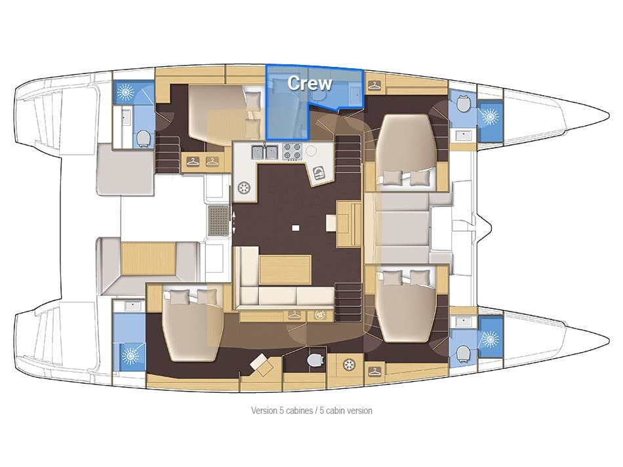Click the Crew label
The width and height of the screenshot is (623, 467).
coord(310,83)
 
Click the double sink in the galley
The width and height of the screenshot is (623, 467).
coord(262,152)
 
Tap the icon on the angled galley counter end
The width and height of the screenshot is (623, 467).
coord(319,173)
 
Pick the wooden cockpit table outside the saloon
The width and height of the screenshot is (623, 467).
coord(148,258)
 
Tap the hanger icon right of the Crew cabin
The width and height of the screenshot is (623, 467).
coord(374,85)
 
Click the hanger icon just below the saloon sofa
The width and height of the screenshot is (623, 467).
coord(294,315)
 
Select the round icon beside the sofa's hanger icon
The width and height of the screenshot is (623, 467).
coord(319,315)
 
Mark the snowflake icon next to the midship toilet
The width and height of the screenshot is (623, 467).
coord(348,364)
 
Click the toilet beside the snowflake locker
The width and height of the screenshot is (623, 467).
coord(315,360)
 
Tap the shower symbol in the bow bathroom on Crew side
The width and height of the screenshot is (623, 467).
coord(489,117)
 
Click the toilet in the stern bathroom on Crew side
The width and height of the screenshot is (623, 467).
coord(143,137)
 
